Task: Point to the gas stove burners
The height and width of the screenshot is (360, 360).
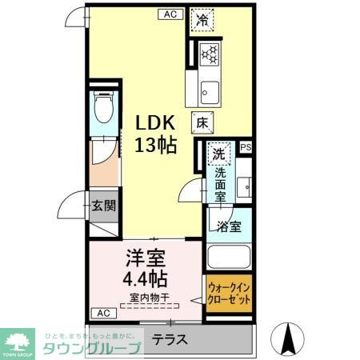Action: [x=210, y=54]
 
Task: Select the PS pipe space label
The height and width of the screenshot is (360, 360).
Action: [x=246, y=147]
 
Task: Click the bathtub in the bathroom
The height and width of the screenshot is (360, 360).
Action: [x=229, y=257]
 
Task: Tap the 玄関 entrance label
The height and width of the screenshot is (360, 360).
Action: [x=102, y=206]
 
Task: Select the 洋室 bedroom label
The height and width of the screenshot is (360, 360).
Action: [x=145, y=259]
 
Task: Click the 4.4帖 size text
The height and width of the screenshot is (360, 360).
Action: [x=145, y=280]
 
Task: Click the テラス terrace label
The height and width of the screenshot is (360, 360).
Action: [x=170, y=339]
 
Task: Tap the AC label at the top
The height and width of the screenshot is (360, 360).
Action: [x=170, y=14]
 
